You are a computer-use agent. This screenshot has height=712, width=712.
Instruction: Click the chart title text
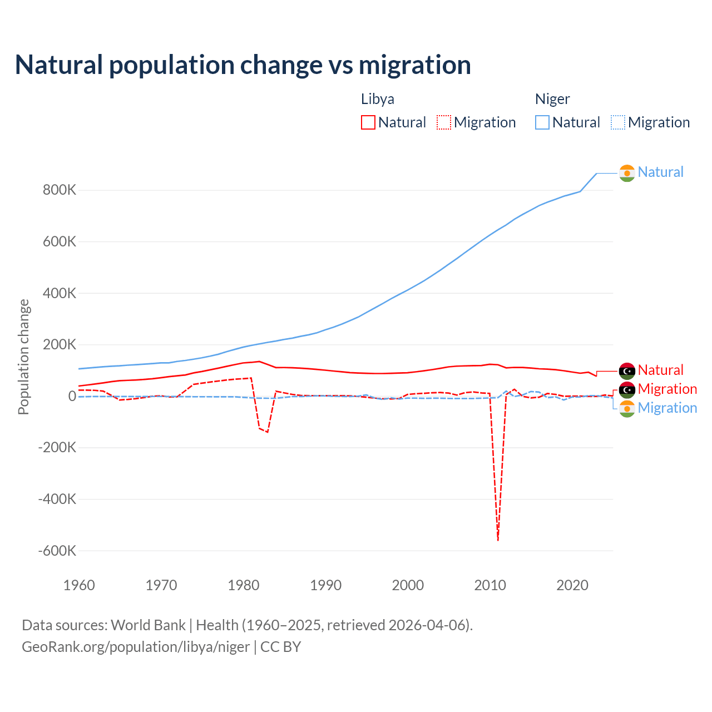click(243, 65)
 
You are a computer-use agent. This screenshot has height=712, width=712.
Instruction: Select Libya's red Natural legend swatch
click(368, 122)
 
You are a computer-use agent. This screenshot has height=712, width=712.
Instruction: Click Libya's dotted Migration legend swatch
click(444, 122)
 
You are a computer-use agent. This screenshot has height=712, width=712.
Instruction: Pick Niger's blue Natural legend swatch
click(542, 122)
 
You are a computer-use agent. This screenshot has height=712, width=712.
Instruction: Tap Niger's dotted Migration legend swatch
click(618, 122)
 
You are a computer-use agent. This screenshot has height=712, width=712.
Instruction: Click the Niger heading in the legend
click(552, 99)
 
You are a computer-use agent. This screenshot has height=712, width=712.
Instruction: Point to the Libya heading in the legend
click(378, 99)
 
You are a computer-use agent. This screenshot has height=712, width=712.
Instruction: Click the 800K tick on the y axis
click(60, 190)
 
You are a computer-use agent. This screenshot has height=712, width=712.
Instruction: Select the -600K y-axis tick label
click(57, 551)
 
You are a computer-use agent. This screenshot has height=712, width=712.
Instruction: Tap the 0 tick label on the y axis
click(72, 396)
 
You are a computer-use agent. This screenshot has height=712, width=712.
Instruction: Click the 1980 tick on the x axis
click(244, 585)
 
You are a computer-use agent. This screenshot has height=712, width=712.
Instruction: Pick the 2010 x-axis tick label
click(490, 585)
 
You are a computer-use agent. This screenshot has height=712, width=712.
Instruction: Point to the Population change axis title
click(23, 357)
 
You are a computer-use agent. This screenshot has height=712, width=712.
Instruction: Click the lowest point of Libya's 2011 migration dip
click(498, 540)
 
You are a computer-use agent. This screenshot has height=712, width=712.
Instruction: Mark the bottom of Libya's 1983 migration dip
click(268, 432)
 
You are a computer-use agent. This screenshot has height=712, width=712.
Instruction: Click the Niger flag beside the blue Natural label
click(627, 173)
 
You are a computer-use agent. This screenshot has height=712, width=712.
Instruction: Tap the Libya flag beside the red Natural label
click(627, 370)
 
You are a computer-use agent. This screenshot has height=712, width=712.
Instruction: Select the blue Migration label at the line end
click(667, 408)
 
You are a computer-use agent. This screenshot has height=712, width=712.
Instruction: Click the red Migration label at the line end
click(667, 389)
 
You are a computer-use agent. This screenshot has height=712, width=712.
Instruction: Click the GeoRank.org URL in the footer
click(136, 647)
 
